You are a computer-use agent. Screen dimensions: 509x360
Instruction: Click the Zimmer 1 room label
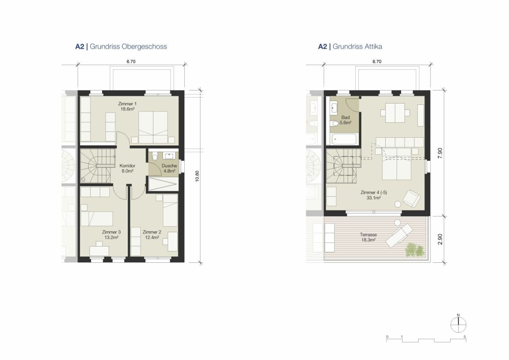coord(127,107)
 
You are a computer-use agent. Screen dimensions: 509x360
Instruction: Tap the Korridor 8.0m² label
coord(127,168)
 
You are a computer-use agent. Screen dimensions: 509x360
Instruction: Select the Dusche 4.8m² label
coord(169,168)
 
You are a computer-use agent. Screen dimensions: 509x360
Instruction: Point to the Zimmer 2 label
coord(152,234)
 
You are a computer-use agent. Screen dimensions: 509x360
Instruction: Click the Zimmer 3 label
coord(111,234)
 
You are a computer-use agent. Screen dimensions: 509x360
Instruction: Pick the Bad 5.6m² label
coord(345,120)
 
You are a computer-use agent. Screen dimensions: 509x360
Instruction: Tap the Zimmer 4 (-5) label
coord(374,195)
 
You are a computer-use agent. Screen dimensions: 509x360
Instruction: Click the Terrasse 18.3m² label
coord(368,237)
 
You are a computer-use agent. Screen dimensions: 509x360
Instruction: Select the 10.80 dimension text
coord(197,176)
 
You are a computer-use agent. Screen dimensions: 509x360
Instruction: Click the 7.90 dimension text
coord(440,153)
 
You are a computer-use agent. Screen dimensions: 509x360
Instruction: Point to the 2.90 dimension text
coord(440,239)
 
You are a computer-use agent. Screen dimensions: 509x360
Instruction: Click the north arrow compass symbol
coord(458,324)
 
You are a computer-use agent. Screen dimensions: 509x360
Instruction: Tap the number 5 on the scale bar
coord(464,337)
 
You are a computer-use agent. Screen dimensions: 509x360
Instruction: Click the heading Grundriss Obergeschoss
coord(128,46)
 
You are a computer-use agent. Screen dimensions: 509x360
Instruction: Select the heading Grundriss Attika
coord(357,46)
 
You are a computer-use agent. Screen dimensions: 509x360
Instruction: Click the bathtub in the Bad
coord(344,139)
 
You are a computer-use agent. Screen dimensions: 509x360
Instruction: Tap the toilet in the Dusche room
coord(155,157)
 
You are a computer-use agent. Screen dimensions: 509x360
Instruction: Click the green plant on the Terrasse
coord(414,250)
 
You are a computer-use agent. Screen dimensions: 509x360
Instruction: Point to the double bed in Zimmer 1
coord(153,127)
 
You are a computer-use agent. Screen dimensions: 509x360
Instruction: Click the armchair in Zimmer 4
coord(411,198)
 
